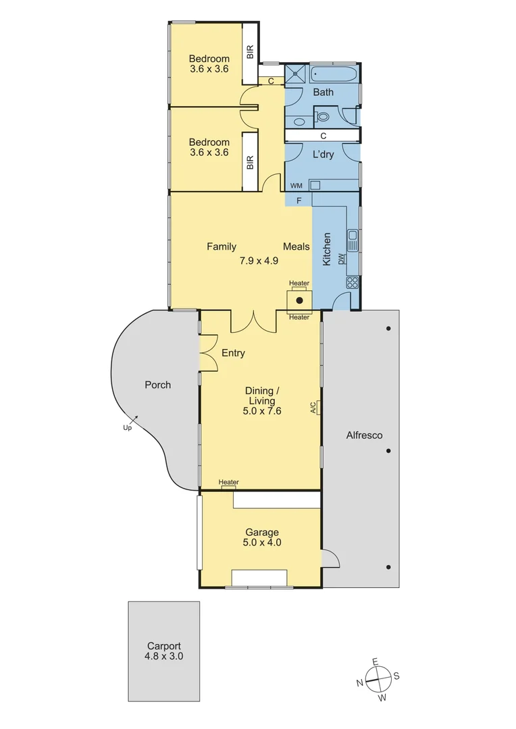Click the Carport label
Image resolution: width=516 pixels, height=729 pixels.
point(164,645)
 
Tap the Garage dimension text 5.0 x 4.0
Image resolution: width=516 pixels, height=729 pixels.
point(262,542)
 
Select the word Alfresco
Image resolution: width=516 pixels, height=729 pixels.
point(364,435)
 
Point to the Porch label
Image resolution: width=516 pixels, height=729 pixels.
point(158,385)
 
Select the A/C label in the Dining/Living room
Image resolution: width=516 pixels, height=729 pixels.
point(313,407)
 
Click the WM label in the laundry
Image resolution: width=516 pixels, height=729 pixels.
point(296,185)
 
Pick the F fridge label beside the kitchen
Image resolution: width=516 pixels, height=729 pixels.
point(299,200)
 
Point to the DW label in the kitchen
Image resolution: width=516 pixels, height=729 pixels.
point(342,257)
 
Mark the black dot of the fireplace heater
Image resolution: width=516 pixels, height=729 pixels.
point(299,299)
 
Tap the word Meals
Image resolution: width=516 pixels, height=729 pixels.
point(296,247)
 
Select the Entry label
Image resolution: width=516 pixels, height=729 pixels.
point(233,353)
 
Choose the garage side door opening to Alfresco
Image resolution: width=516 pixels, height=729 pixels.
point(331,558)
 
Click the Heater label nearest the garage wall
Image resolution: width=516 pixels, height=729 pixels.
point(228,482)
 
